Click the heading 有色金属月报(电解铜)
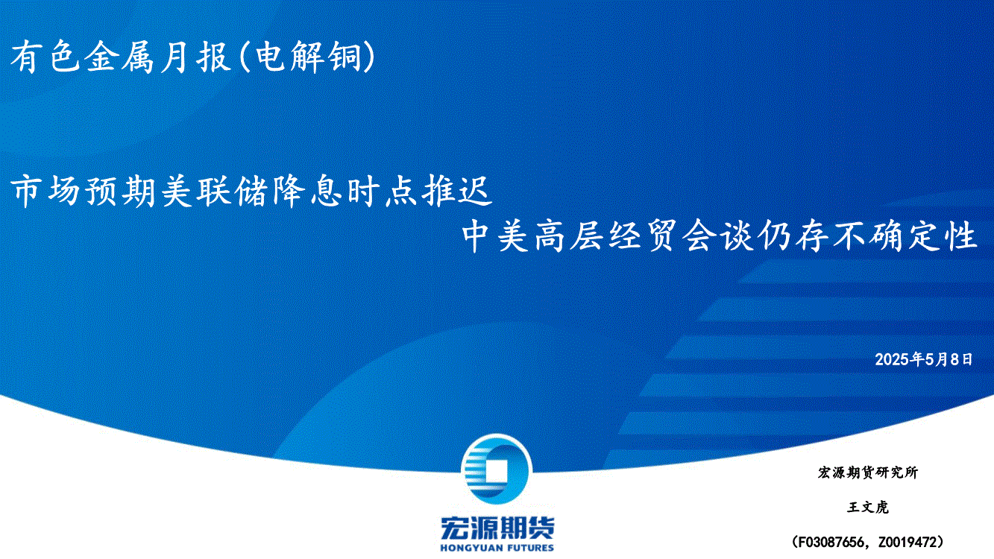[x=193, y=57]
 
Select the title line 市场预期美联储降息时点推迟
[x=251, y=192]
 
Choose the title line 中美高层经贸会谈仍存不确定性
[x=720, y=236]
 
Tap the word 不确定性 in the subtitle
[x=905, y=236]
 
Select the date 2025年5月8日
[x=923, y=359]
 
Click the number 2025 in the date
[x=892, y=359]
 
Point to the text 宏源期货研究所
[x=867, y=473]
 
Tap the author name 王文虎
[x=867, y=507]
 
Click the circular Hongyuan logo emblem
[x=497, y=470]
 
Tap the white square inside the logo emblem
[x=496, y=471]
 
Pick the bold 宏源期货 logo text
[x=497, y=528]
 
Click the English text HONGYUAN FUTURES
[x=497, y=548]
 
